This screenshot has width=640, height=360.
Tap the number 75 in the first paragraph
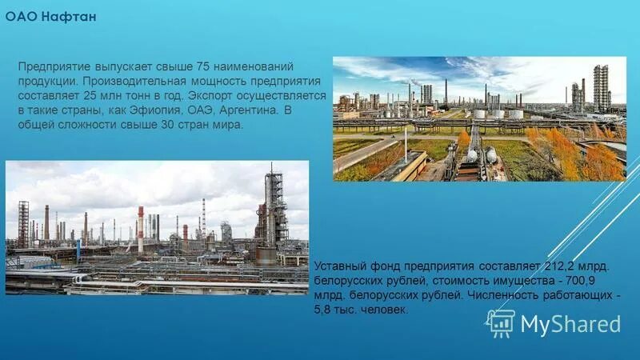(210, 66)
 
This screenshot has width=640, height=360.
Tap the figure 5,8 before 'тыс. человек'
(327, 310)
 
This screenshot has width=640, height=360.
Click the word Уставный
(343, 264)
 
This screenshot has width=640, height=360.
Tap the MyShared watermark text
(570, 324)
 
